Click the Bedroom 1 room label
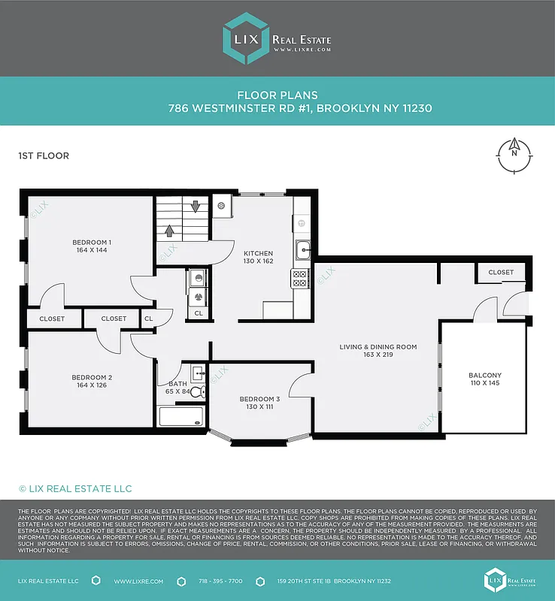click(x=92, y=242)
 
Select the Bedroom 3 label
click(x=259, y=398)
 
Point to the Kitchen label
click(x=258, y=253)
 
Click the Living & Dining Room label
click(x=378, y=346)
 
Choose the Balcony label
click(x=484, y=375)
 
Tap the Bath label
click(x=177, y=383)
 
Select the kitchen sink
click(x=302, y=249)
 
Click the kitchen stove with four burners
click(x=299, y=279)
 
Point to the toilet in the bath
click(x=197, y=391)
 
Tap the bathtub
click(x=180, y=416)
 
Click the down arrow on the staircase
click(x=195, y=206)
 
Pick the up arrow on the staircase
click(x=169, y=231)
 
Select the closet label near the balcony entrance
click(x=501, y=272)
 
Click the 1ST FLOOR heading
click(x=44, y=156)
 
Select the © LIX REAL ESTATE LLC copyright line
click(x=75, y=489)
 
